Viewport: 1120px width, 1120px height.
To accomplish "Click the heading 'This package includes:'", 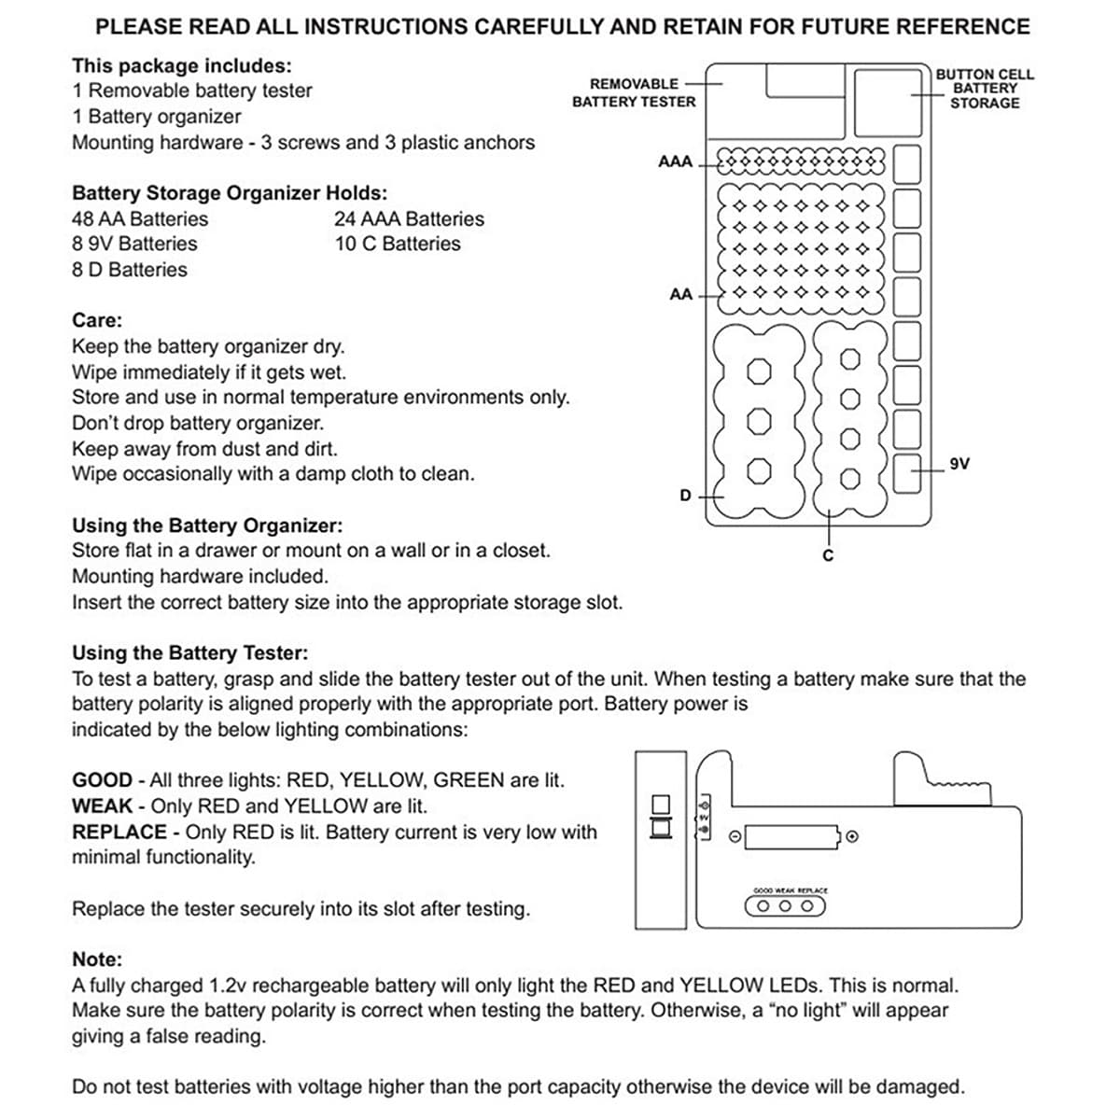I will coord(182,65).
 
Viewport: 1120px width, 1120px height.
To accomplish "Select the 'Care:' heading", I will coord(97,320).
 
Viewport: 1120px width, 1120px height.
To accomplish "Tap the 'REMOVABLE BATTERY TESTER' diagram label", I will coord(634,92).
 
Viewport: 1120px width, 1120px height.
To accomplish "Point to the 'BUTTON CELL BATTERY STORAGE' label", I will coord(985,89).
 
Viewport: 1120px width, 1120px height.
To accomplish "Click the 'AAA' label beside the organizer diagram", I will coord(675,161).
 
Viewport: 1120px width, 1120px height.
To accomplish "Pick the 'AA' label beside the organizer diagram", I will coord(681,294).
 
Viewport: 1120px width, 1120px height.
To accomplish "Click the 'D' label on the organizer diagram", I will coord(685,496).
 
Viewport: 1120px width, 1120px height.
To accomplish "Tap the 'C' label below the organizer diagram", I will coord(827,556).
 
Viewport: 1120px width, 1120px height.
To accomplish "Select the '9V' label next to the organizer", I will coord(959,464).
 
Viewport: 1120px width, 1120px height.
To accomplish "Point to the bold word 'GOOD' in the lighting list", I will coord(102,780).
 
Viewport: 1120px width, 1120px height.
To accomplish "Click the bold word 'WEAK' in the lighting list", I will coord(102,806).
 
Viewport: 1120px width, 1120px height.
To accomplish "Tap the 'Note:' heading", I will coord(97,959).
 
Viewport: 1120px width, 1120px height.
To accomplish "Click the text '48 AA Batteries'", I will coord(140,219).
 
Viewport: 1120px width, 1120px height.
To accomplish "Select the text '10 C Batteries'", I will coord(398,244).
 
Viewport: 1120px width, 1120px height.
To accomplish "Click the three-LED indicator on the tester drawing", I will coord(785,905).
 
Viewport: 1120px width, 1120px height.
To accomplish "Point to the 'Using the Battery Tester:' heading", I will coord(189,652).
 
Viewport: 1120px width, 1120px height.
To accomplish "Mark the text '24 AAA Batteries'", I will coord(409,219).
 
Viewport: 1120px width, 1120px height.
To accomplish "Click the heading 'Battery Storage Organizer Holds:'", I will coord(230,193).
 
